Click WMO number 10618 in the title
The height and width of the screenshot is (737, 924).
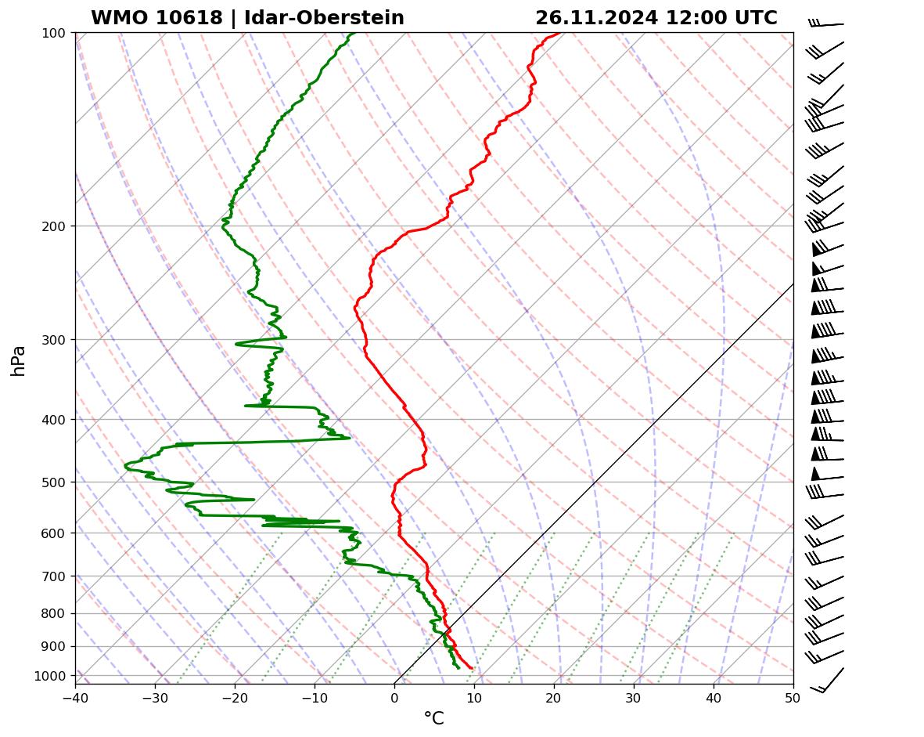pyautogui.click(x=156, y=18)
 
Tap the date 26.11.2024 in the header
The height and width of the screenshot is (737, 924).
pyautogui.click(x=596, y=18)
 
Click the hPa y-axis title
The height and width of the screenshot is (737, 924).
pyautogui.click(x=19, y=360)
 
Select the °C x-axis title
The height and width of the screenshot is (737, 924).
pyautogui.click(x=433, y=718)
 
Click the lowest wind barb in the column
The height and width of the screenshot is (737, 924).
pyautogui.click(x=828, y=680)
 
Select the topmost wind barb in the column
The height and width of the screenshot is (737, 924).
pyautogui.click(x=826, y=24)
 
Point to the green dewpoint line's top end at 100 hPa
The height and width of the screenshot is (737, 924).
pyautogui.click(x=354, y=33)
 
